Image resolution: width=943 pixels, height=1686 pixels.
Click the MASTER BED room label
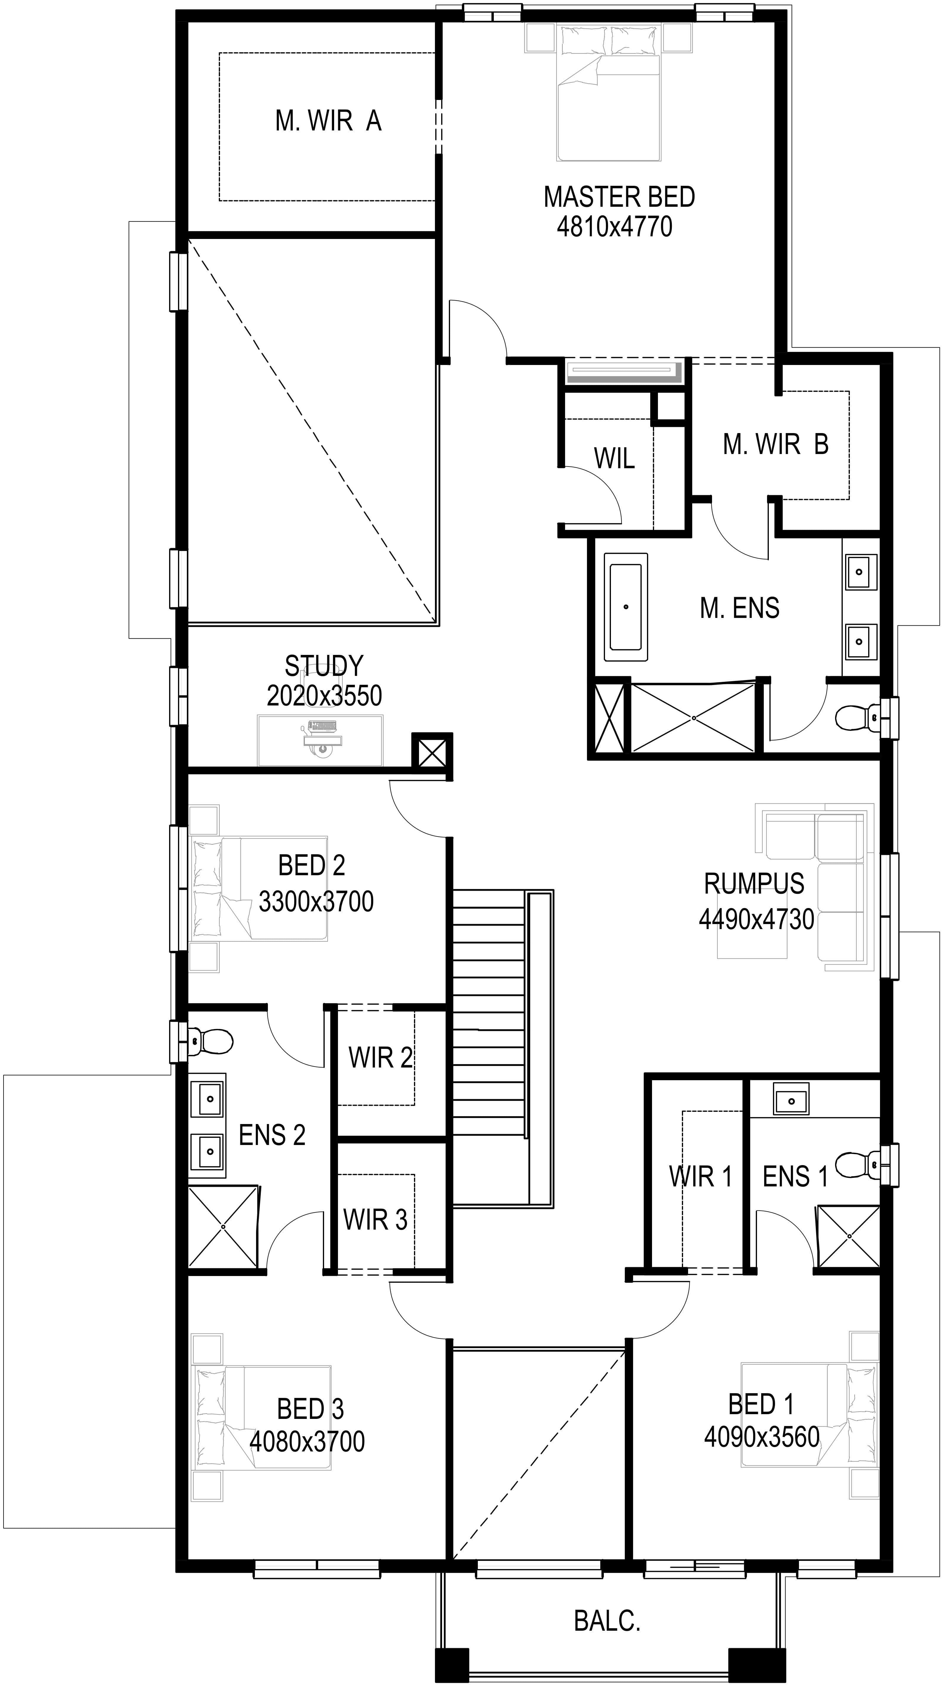pyautogui.click(x=619, y=197)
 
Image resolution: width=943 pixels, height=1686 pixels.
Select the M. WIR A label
pyautogui.click(x=329, y=120)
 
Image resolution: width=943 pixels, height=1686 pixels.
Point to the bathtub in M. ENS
pyautogui.click(x=626, y=607)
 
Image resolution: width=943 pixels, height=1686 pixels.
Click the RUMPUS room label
pyautogui.click(x=754, y=884)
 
